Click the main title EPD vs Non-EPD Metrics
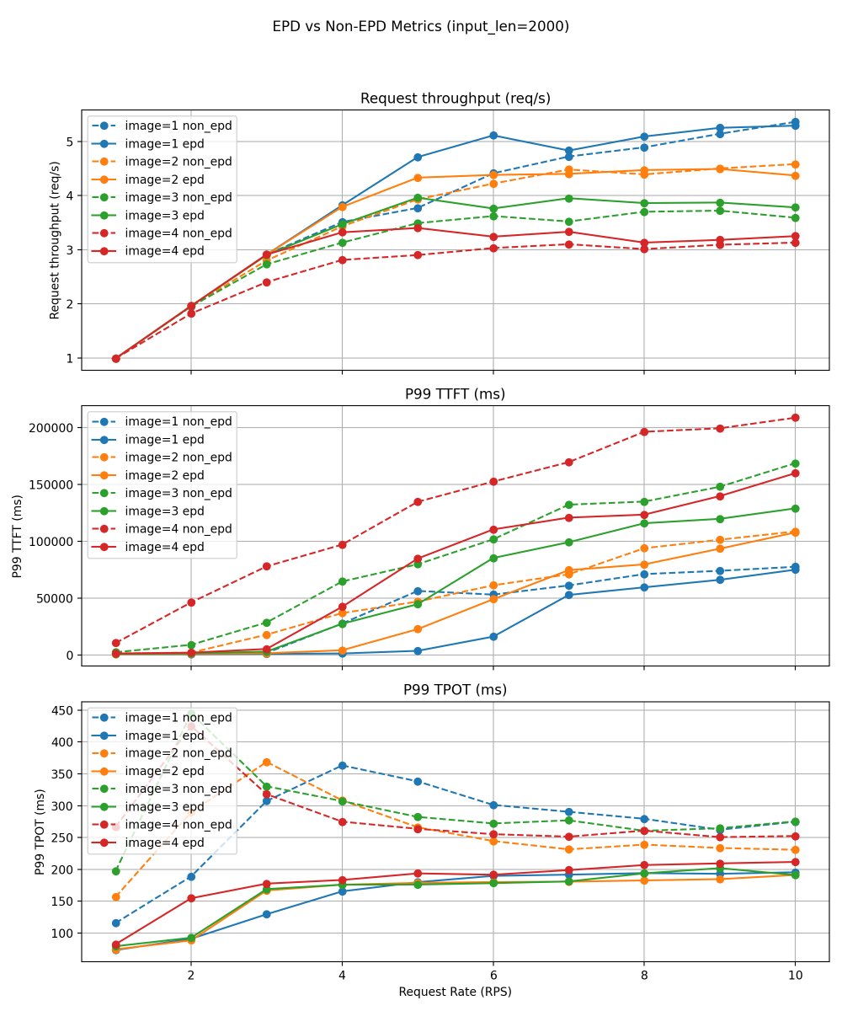tap(421, 26)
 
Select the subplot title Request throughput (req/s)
tap(455, 99)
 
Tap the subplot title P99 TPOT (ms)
tap(455, 690)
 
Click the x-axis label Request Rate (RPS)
tap(455, 992)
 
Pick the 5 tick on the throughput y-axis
tap(69, 142)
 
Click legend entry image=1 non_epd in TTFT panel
tap(178, 420)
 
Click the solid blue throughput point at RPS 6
tap(493, 136)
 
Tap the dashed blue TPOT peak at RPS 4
tap(342, 765)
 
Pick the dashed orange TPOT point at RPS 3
tap(266, 762)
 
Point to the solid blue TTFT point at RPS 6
tap(493, 636)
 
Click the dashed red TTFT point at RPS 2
tap(191, 602)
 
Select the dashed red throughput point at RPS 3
tap(266, 282)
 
